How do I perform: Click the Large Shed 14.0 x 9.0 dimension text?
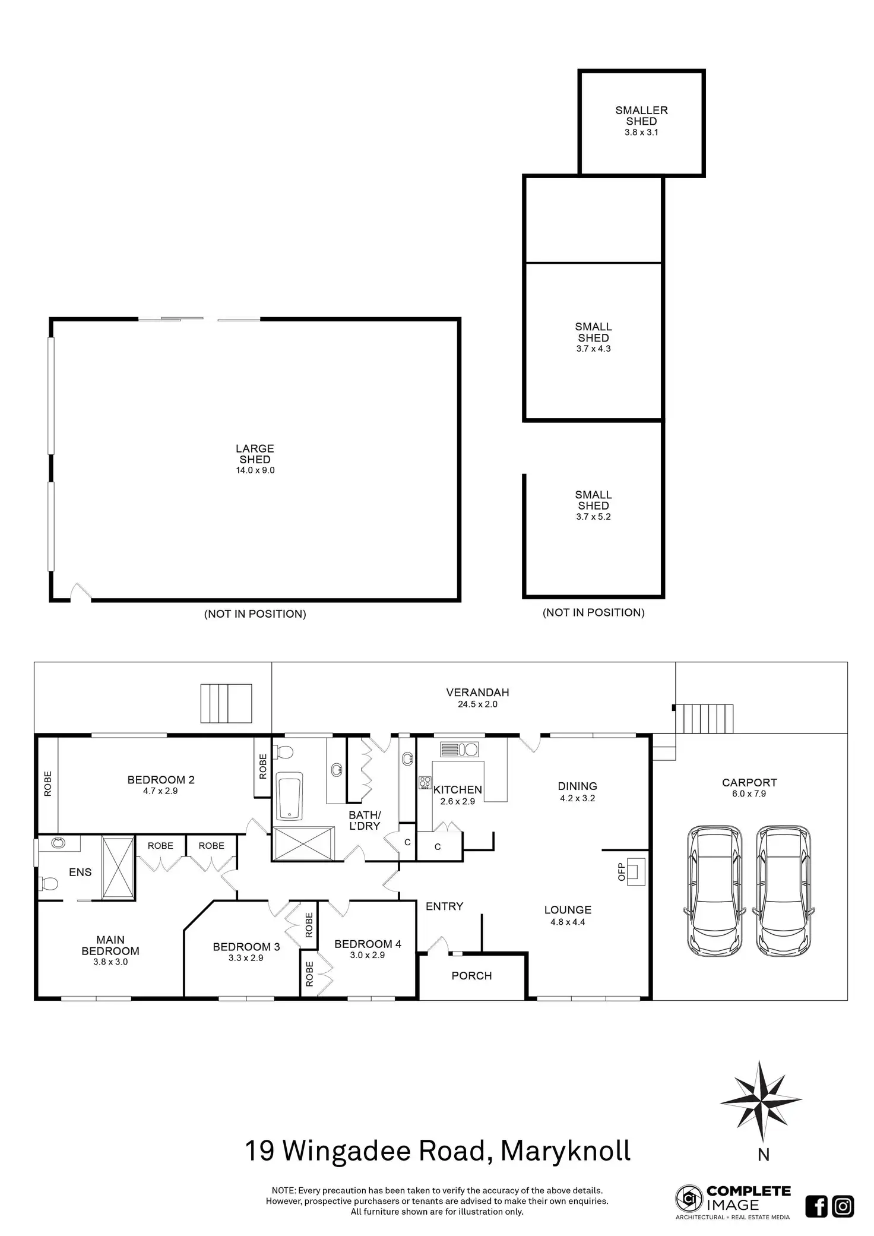coord(255,470)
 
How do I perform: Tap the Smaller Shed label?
coord(641,115)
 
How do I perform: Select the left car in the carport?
coord(714,890)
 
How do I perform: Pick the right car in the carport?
coord(783,890)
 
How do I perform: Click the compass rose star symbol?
coord(761,1099)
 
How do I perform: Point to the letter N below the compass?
coord(764,1155)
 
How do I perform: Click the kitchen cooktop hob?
coord(425,783)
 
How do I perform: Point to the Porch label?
coord(471,976)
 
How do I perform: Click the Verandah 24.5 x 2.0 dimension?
coord(477,704)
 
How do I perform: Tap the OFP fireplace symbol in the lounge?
coord(635,871)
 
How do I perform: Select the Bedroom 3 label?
coord(246,947)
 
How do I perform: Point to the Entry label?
coord(444,906)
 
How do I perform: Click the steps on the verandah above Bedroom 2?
coord(226,703)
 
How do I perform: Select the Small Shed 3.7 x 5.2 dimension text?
coord(593,517)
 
